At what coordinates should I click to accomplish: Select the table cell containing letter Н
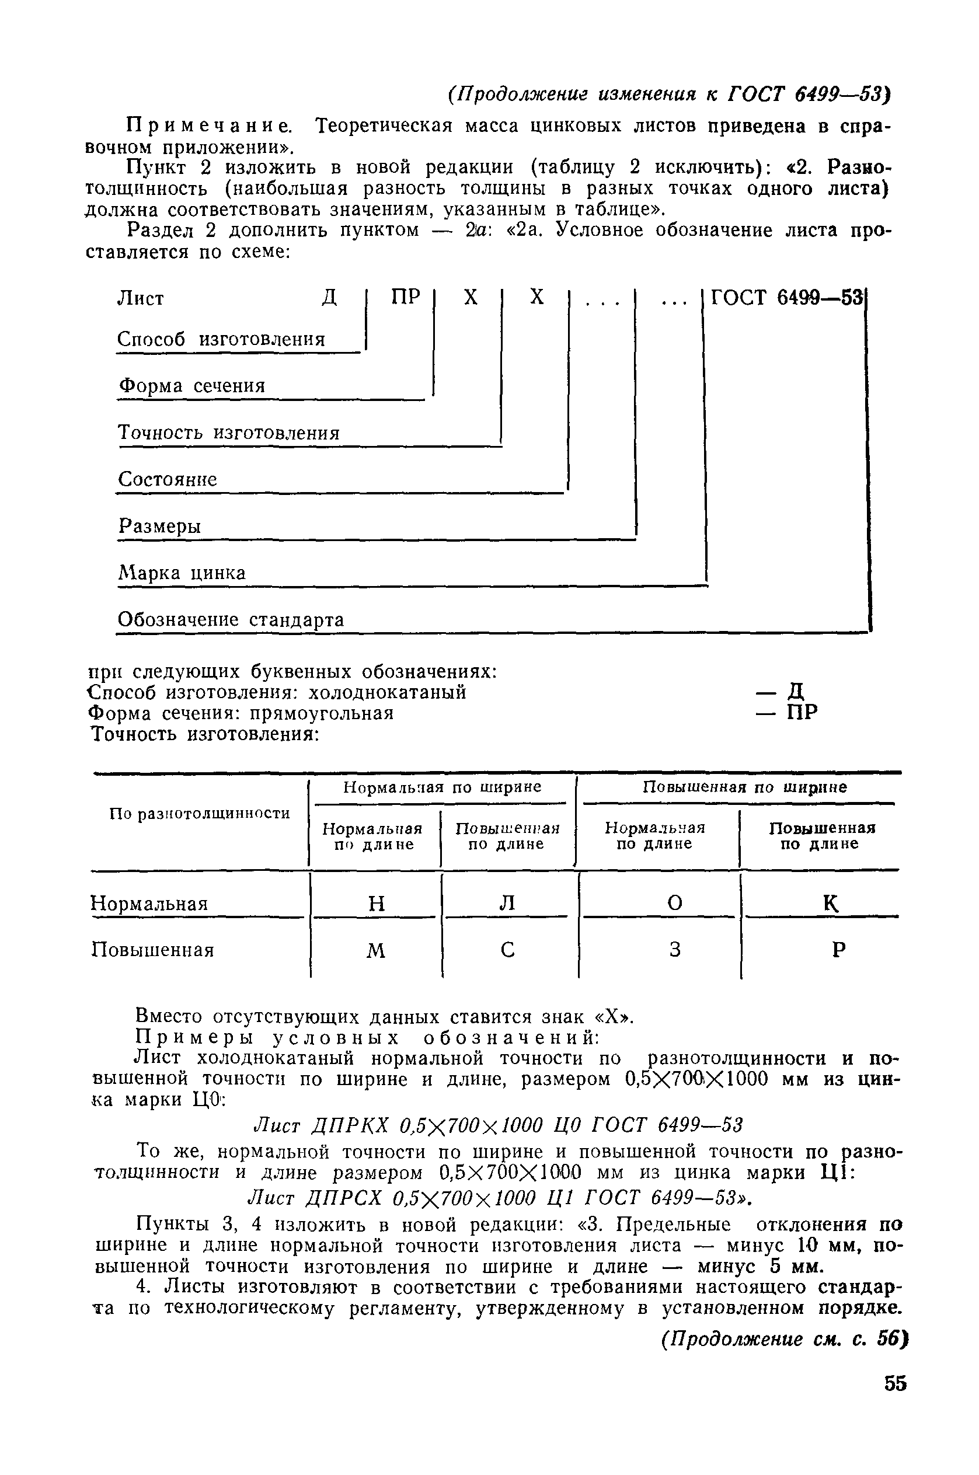coord(377,903)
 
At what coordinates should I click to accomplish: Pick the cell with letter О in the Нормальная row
coord(674,902)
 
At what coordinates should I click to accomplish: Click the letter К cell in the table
coord(830,902)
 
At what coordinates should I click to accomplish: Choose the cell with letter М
coord(376,951)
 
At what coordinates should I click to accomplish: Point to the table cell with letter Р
coord(838,950)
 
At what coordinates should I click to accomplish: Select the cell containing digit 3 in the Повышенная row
coord(674,950)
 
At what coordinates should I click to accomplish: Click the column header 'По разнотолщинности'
coord(200,813)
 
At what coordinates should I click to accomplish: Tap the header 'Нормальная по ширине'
coord(442,787)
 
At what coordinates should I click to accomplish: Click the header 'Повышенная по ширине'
coord(745,787)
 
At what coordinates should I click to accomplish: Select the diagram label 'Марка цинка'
coord(182,573)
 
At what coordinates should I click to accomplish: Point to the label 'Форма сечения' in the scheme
coord(192,386)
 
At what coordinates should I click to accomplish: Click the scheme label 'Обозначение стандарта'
coord(231,620)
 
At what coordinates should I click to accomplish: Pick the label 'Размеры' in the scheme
coord(161,527)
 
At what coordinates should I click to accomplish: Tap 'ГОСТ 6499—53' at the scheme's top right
coord(787,298)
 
